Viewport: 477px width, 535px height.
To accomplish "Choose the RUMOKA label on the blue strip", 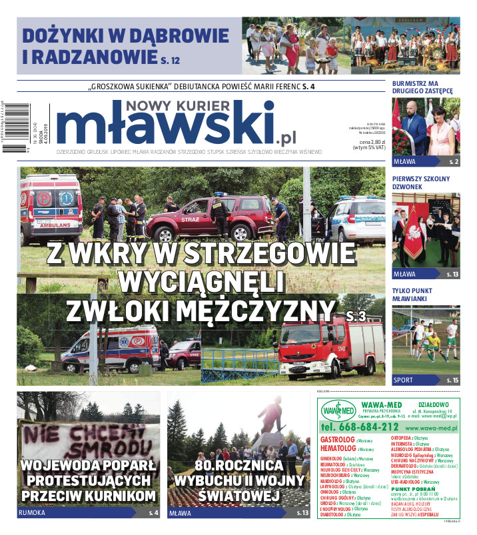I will [x=33, y=513].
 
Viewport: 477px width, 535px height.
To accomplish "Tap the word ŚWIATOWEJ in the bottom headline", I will [x=238, y=496].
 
